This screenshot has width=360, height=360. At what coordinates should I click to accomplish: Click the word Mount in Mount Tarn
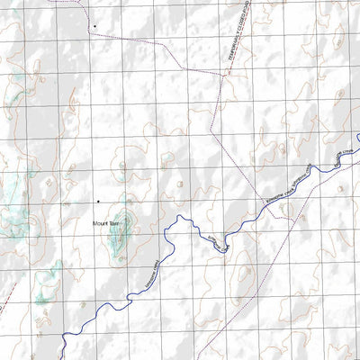click(98, 222)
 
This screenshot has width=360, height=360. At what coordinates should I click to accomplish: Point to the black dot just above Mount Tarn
click(97, 201)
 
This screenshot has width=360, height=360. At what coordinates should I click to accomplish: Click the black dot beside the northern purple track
click(93, 26)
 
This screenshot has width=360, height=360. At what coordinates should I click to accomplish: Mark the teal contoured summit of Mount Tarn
click(122, 224)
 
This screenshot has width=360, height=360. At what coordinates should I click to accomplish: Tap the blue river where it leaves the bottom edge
click(65, 357)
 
